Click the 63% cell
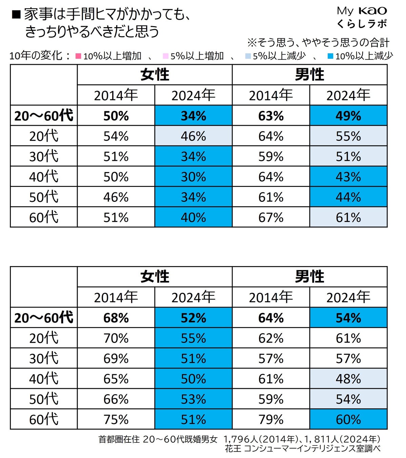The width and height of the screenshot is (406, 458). (271, 116)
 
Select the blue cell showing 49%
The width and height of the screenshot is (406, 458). (348, 116)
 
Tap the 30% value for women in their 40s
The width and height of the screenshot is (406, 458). (193, 177)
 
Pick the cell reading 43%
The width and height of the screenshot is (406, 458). (348, 177)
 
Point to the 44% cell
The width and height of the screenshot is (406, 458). (348, 197)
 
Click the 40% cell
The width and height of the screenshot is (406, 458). (193, 217)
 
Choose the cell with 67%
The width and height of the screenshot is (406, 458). (271, 217)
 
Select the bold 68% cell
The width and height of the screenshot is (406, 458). (116, 318)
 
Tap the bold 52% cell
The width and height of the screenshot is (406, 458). (193, 318)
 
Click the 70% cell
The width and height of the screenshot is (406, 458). (116, 338)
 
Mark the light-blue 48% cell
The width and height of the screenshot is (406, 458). (348, 379)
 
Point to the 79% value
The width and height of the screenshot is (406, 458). (271, 420)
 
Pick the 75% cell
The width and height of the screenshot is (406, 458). (116, 420)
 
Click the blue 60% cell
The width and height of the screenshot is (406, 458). (348, 420)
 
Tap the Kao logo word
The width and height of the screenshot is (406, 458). (372, 11)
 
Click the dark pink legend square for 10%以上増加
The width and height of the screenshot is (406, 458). (78, 56)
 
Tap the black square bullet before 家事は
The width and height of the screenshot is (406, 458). (16, 15)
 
